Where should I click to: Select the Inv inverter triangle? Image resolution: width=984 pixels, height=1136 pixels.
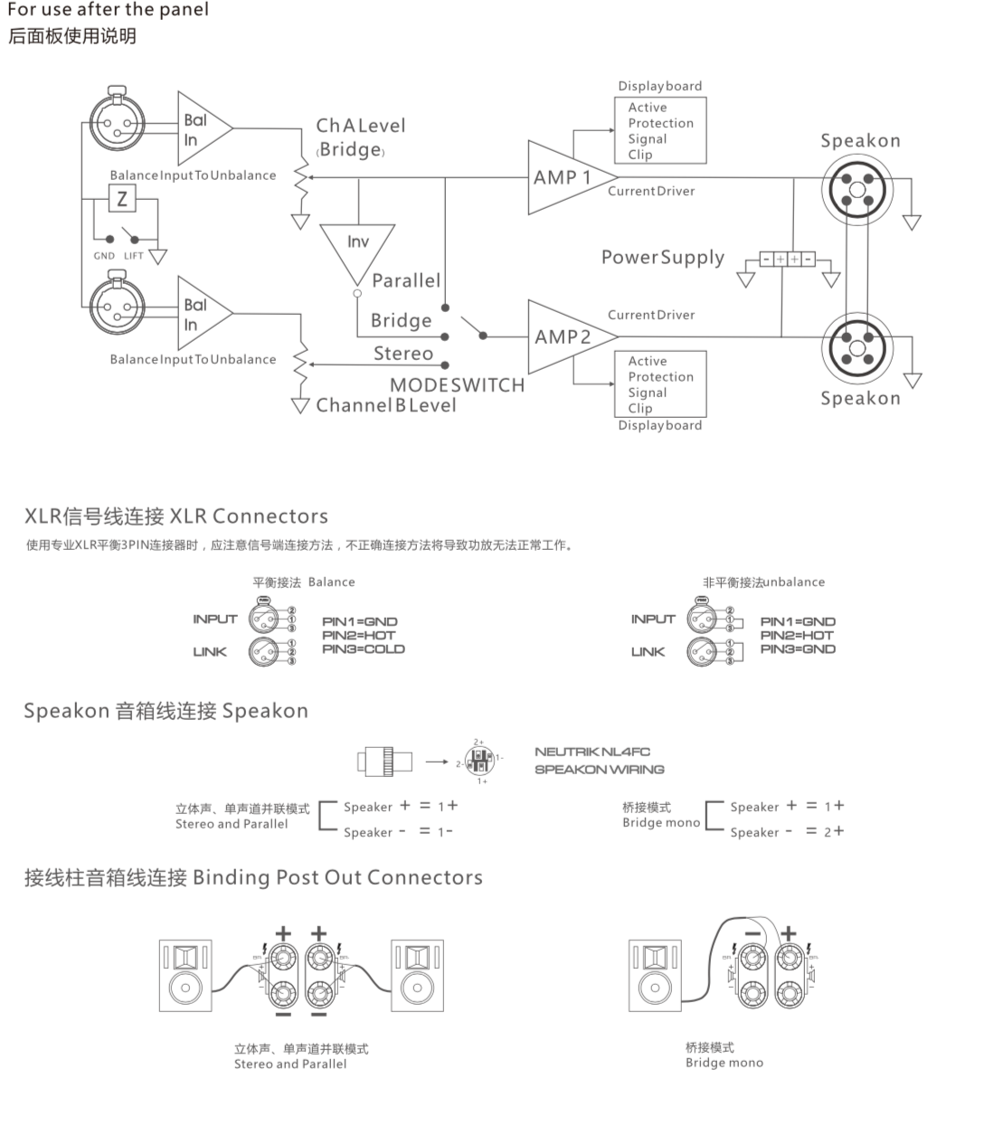(x=357, y=249)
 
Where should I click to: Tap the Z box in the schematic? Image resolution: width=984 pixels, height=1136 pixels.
(x=122, y=197)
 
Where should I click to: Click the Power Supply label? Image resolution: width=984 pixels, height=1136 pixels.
(x=663, y=258)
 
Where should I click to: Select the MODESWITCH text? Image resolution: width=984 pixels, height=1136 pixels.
(x=457, y=384)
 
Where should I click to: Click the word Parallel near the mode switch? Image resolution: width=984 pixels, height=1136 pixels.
(x=406, y=280)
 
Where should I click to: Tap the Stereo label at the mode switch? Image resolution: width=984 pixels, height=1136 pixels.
(x=403, y=354)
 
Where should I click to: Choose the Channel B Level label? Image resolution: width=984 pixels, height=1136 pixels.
(x=386, y=405)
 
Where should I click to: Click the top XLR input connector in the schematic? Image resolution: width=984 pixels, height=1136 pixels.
(x=116, y=125)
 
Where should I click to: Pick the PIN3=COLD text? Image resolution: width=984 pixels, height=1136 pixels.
(x=364, y=648)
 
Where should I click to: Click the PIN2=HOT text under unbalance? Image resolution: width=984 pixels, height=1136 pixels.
(x=798, y=635)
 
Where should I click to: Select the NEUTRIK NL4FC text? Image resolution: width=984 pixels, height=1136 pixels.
(x=592, y=752)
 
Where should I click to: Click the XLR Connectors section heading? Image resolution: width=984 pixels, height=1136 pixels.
(x=176, y=516)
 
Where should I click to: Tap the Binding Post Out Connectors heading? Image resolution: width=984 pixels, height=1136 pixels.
(x=253, y=877)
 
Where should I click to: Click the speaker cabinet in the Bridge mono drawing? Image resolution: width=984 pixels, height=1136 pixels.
(x=655, y=974)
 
